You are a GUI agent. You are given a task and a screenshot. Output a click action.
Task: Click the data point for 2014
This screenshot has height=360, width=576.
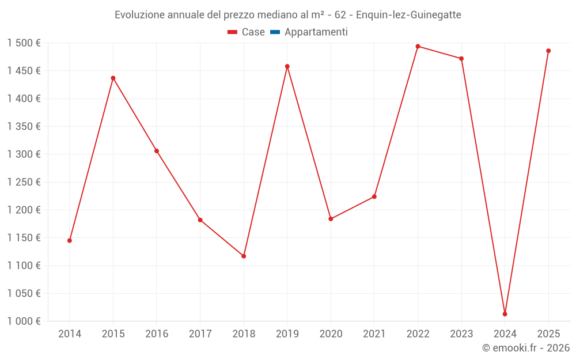70,240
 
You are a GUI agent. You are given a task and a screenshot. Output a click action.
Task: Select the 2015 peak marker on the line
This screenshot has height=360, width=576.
113,78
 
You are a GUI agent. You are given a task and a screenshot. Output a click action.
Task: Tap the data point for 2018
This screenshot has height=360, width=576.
244,256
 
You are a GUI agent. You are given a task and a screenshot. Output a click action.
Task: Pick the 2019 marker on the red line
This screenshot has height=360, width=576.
287,66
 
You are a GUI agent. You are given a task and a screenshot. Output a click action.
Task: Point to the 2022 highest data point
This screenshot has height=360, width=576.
418,47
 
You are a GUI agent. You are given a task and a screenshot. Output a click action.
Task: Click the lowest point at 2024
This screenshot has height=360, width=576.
505,314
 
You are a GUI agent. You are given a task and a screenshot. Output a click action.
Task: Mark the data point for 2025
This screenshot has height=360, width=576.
548,51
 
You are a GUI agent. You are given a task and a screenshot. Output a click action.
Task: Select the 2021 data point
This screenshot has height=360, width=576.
374,196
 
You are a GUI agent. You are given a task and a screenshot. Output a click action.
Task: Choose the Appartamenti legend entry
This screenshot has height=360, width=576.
316,32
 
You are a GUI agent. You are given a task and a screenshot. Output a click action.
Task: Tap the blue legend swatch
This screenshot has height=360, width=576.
275,32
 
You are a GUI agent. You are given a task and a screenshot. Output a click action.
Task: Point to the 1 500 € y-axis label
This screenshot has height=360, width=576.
24,43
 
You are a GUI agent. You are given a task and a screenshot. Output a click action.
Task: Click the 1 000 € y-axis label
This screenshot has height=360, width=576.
24,321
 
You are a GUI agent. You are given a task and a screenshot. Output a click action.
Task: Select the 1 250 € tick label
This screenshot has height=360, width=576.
24,182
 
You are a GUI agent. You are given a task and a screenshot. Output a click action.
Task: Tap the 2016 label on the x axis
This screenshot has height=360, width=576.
157,334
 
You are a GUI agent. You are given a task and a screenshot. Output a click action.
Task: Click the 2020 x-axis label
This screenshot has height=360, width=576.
331,334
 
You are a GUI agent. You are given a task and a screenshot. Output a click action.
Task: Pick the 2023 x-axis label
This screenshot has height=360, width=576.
461,334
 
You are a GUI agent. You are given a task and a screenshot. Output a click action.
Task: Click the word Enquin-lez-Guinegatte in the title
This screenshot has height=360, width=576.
410,15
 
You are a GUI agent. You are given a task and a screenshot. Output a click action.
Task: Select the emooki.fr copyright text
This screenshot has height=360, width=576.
525,348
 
